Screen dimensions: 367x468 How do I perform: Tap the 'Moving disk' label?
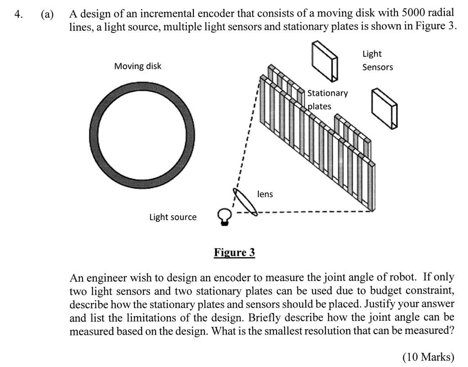click(138, 66)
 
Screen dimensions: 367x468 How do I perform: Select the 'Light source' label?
click(173, 217)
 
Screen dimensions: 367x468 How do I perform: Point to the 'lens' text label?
click(265, 194)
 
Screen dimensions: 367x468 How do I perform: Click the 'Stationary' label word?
click(327, 93)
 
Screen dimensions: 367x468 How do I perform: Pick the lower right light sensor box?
click(384, 108)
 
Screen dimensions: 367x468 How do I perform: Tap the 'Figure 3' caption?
click(234, 253)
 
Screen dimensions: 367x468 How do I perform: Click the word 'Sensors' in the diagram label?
click(378, 67)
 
